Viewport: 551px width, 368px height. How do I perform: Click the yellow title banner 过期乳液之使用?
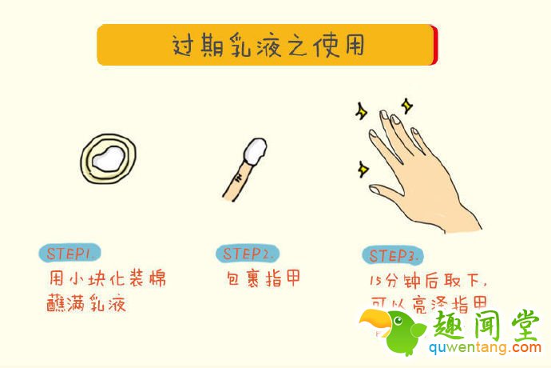[x=267, y=45]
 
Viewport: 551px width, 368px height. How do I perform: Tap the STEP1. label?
[x=71, y=254]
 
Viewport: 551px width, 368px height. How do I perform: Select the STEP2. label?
[x=248, y=254]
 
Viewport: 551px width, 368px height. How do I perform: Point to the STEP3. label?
[x=390, y=256]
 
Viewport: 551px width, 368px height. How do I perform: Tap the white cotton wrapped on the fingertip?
[x=255, y=150]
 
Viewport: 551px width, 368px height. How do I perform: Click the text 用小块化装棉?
[x=107, y=279]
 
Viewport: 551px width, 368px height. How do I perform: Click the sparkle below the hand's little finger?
[x=363, y=168]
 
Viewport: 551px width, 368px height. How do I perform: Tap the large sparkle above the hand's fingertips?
[x=407, y=104]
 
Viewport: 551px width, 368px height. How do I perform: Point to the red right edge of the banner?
[x=434, y=45]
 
